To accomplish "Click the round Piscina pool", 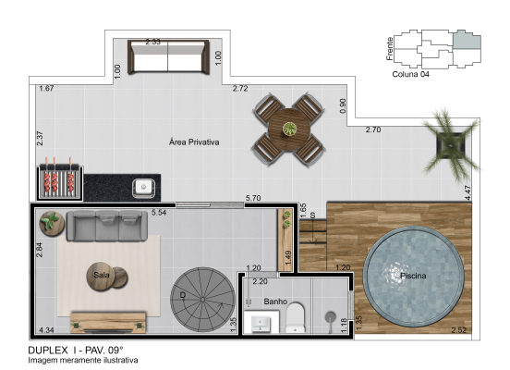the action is [x=413, y=277].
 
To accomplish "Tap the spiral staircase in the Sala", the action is [x=202, y=300].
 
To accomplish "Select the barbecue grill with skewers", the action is [x=59, y=183].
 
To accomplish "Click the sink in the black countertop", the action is [x=143, y=188].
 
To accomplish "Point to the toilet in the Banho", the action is [x=296, y=318].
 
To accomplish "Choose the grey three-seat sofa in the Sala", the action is [x=107, y=226].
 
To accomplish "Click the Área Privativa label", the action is [x=194, y=142].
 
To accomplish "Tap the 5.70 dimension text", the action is [x=253, y=198].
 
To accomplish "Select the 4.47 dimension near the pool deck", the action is [x=467, y=192].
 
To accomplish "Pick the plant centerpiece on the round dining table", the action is [x=289, y=129].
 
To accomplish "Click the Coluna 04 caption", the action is [x=410, y=74].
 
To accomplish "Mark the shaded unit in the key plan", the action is [x=467, y=40].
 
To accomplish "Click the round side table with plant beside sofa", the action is [x=52, y=223].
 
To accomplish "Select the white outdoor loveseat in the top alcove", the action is [x=168, y=57].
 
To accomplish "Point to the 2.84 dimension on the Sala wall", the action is [x=40, y=250].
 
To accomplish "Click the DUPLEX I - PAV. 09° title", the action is [x=76, y=351].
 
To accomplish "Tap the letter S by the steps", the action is [x=312, y=216].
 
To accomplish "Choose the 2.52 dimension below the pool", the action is [x=458, y=330].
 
